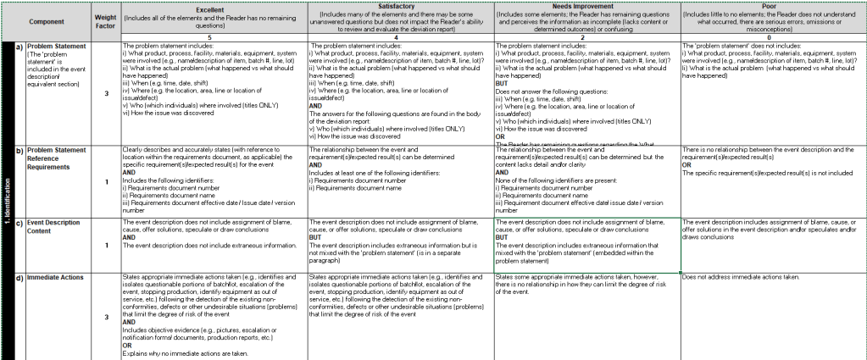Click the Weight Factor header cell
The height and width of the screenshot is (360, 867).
pos(106,19)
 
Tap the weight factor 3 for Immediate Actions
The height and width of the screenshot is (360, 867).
pos(106,317)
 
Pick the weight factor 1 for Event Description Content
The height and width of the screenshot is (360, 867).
pos(106,246)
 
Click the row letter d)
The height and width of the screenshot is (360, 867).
pos(19,277)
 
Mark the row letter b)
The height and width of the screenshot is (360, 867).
pos(19,150)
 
